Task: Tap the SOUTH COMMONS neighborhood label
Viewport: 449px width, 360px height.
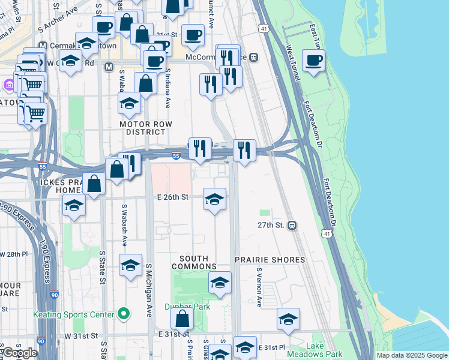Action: tap(194, 262)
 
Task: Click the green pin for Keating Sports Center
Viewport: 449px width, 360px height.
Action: tap(124, 313)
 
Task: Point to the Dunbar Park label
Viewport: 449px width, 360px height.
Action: tap(187, 306)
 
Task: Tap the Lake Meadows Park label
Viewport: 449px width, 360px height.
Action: tap(324, 350)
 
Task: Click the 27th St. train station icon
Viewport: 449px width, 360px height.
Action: tap(292, 226)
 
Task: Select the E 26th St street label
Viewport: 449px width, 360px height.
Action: tap(174, 196)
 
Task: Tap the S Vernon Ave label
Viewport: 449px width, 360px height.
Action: tap(259, 287)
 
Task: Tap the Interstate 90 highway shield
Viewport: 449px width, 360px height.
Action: tap(55, 295)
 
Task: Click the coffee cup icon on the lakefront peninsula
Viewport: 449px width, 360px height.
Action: tap(314, 61)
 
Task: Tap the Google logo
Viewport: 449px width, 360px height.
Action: tap(20, 353)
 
